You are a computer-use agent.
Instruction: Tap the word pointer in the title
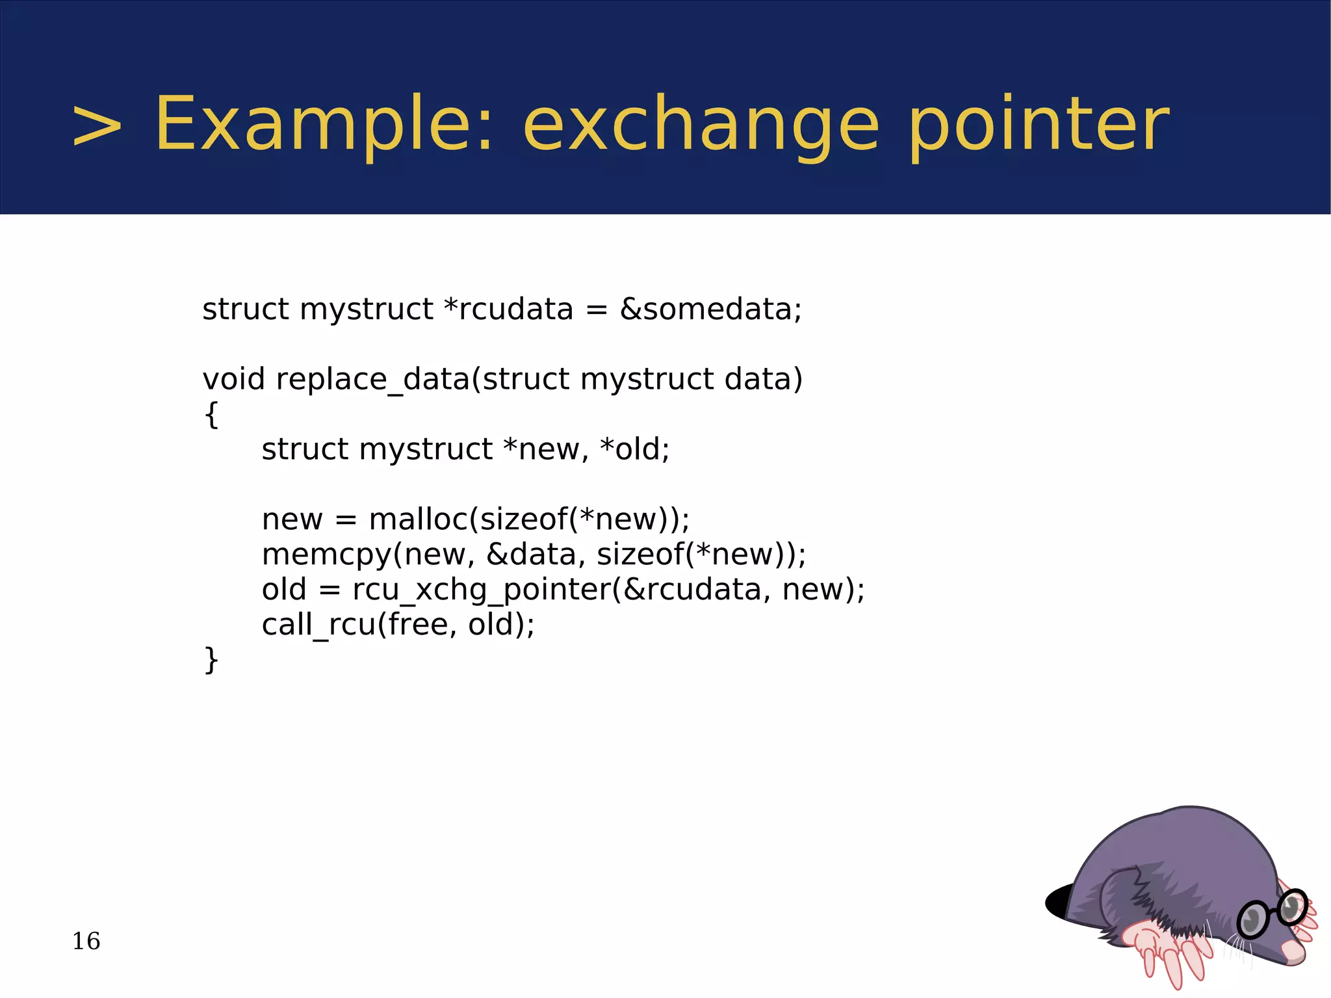(x=1038, y=125)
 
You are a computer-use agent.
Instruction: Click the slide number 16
(x=86, y=941)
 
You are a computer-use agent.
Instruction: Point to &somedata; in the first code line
(x=711, y=309)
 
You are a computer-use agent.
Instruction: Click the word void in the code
(x=233, y=379)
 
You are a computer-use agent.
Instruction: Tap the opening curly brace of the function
(x=211, y=414)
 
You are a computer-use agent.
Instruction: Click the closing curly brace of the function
(x=211, y=660)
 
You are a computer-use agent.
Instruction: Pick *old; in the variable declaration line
(x=634, y=449)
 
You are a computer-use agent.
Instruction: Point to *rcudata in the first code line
(x=508, y=309)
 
